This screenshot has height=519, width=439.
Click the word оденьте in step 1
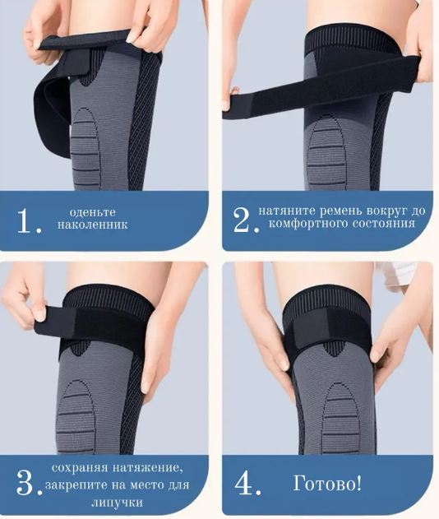[x=93, y=212]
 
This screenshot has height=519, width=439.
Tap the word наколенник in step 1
[x=93, y=225]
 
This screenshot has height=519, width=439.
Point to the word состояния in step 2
[x=383, y=223]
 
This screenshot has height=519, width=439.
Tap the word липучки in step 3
[x=117, y=503]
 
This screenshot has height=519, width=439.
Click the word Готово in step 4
[x=324, y=484]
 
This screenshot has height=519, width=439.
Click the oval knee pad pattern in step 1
[x=85, y=146]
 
